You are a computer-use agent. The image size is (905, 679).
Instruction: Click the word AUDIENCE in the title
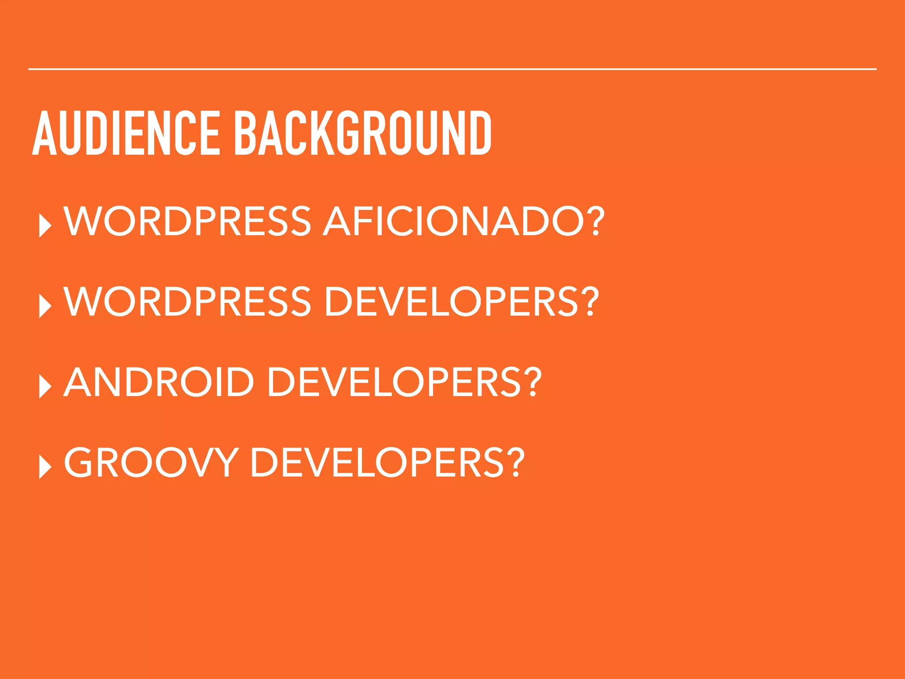click(x=126, y=134)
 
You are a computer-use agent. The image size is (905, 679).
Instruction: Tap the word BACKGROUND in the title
click(x=362, y=134)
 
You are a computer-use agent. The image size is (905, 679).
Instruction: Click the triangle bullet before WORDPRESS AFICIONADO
click(x=45, y=226)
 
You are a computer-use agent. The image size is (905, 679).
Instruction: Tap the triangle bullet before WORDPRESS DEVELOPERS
click(x=45, y=306)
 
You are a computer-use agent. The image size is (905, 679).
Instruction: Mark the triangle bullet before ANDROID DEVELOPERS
click(x=45, y=386)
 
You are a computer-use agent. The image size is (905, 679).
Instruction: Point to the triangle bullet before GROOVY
click(x=45, y=467)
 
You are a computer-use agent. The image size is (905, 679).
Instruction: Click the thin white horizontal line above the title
click(x=452, y=69)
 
